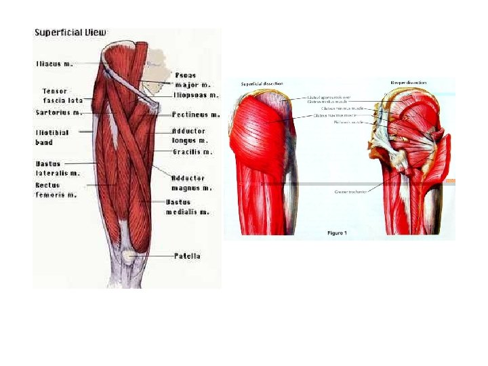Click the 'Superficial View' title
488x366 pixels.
[70, 32]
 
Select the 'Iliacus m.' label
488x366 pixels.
[54, 64]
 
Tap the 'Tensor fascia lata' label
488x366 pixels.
[62, 96]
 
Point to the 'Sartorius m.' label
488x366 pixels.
[58, 113]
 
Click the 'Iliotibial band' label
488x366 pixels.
[52, 138]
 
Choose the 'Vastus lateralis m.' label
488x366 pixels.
[57, 168]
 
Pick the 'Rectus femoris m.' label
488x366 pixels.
[56, 190]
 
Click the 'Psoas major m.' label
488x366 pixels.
[192, 80]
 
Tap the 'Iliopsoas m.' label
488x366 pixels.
[195, 96]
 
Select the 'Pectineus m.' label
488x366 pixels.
[196, 115]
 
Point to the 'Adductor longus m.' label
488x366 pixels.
[188, 136]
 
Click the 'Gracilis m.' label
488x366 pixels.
[192, 152]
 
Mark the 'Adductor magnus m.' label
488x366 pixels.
[191, 183]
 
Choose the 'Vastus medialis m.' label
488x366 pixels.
[187, 207]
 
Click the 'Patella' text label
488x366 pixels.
[187, 256]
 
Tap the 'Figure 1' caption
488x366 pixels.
[337, 233]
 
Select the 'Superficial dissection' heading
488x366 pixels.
[262, 83]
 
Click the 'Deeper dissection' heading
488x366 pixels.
[408, 82]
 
